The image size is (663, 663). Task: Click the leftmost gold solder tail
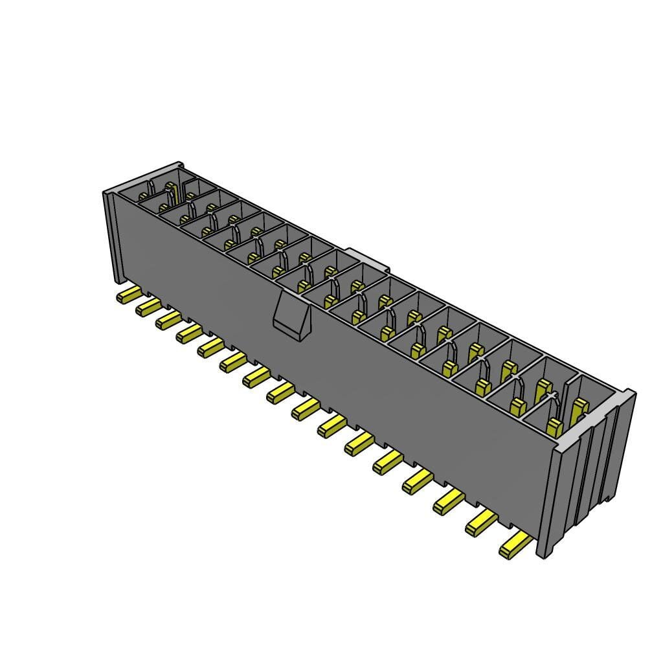[x=128, y=297]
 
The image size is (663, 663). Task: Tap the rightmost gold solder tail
[x=515, y=546]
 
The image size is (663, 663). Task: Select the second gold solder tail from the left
[x=148, y=307]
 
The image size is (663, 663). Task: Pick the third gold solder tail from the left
[x=168, y=319]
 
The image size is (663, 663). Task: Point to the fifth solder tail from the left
[x=210, y=348]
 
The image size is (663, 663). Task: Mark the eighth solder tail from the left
[x=279, y=392]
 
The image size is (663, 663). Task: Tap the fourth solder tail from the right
[x=417, y=482]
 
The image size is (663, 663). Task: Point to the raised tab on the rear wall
[x=366, y=258]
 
